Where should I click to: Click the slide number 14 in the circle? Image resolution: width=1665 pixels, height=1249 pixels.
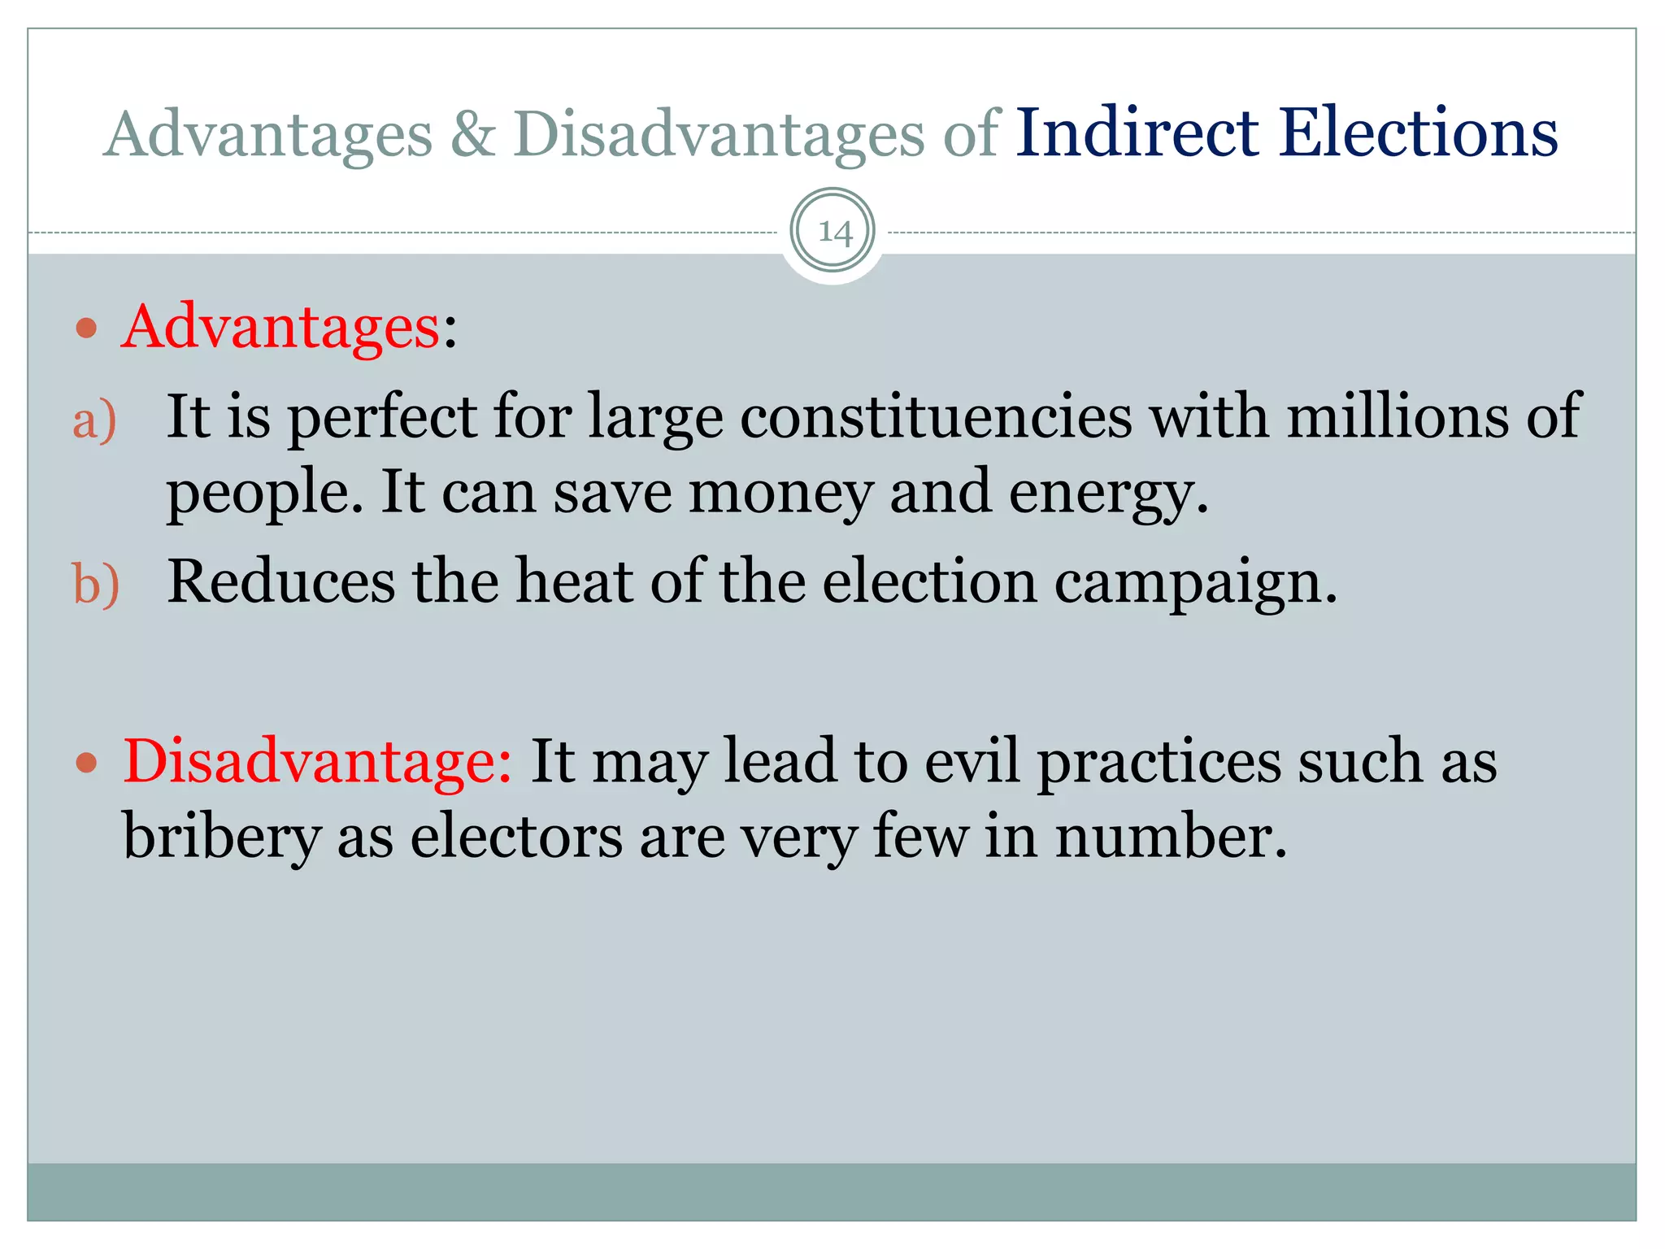[x=834, y=233]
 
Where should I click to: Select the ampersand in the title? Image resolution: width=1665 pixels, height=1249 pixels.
[x=472, y=134]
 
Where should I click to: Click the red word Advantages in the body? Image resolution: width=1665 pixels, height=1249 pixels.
[x=280, y=327]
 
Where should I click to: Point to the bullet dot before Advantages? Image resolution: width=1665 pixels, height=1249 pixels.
[x=86, y=329]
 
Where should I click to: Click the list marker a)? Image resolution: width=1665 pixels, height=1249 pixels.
[x=94, y=420]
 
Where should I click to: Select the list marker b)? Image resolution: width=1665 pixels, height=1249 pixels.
[x=96, y=585]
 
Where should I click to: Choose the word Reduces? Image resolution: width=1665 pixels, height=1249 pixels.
[x=280, y=582]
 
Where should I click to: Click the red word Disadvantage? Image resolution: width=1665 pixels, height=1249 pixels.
[x=317, y=762]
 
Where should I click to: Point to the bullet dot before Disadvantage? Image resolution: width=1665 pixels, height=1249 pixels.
[x=86, y=764]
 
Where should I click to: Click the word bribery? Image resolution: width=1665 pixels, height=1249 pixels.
[x=221, y=838]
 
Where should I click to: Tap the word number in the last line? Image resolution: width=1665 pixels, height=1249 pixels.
[x=1171, y=838]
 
